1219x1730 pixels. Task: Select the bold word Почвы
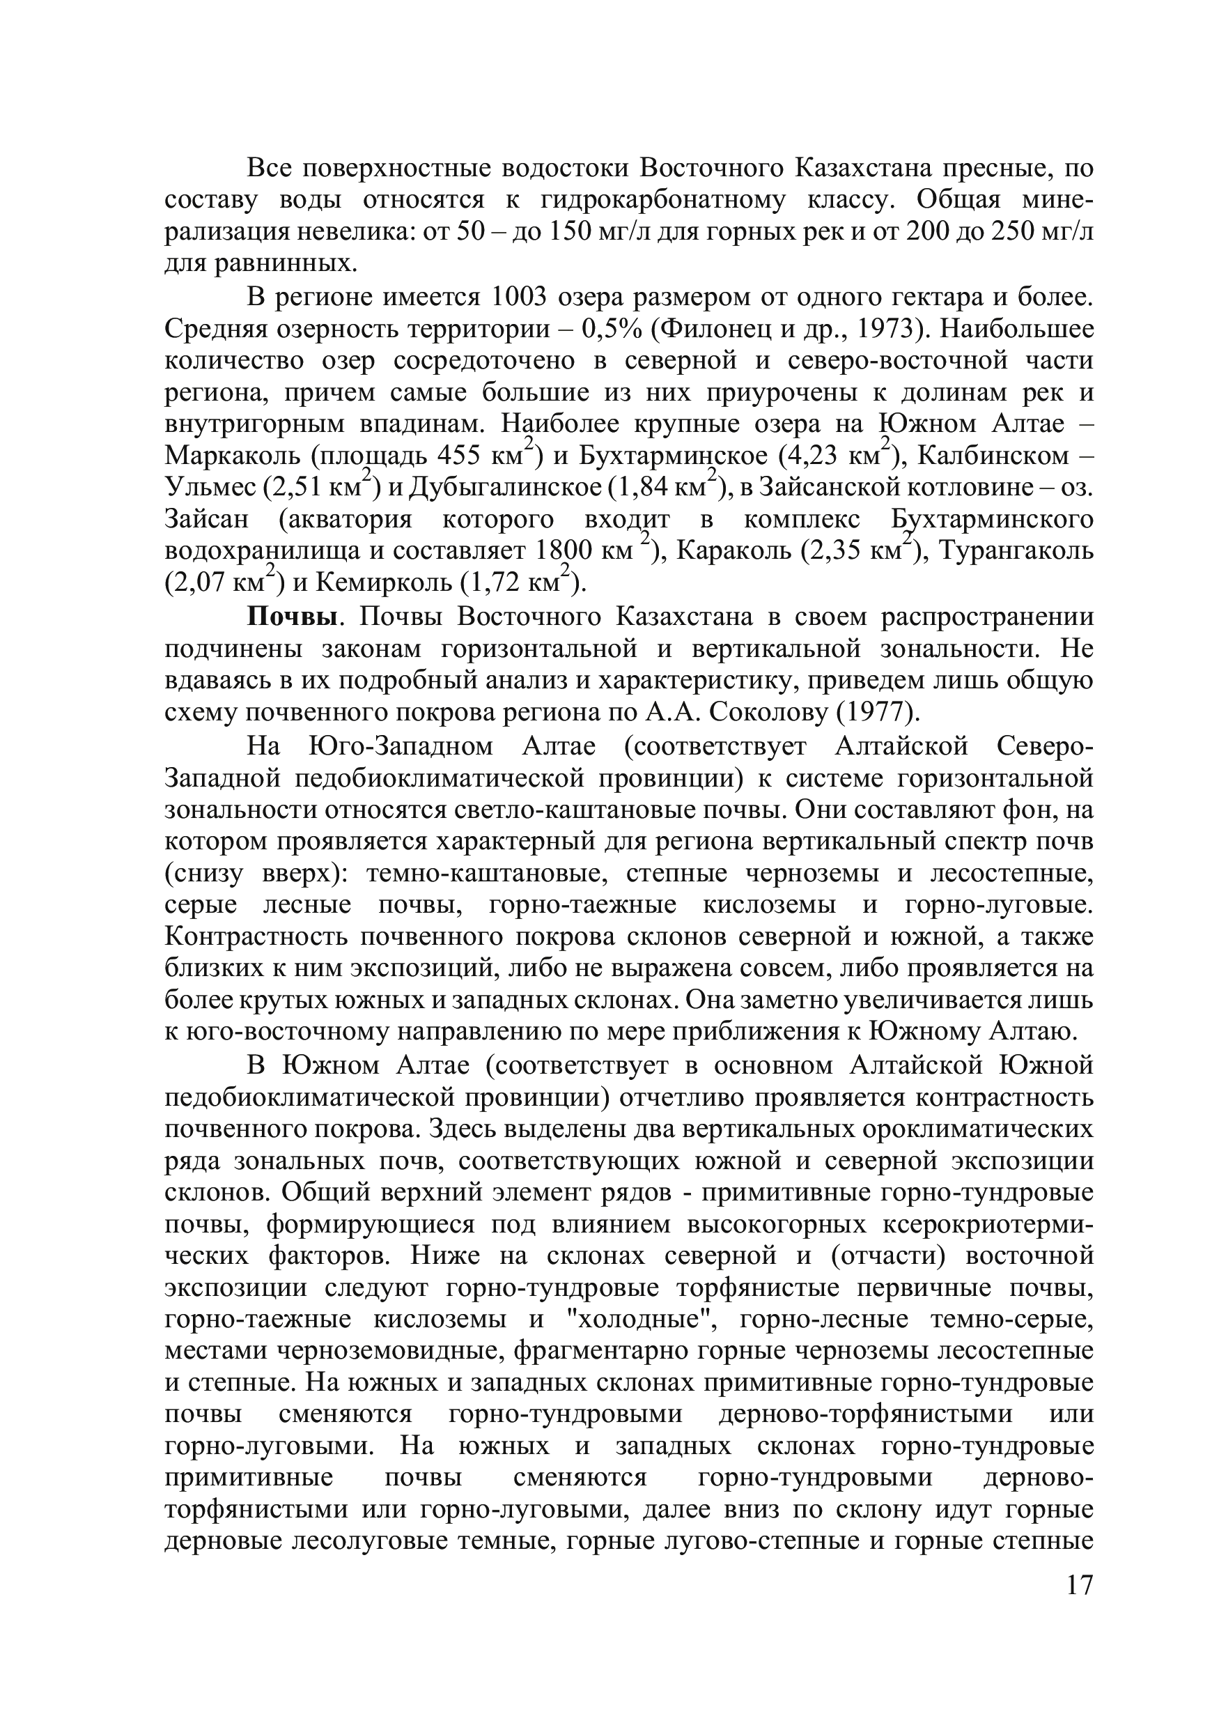(292, 617)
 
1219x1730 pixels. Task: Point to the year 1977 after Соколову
(881, 712)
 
